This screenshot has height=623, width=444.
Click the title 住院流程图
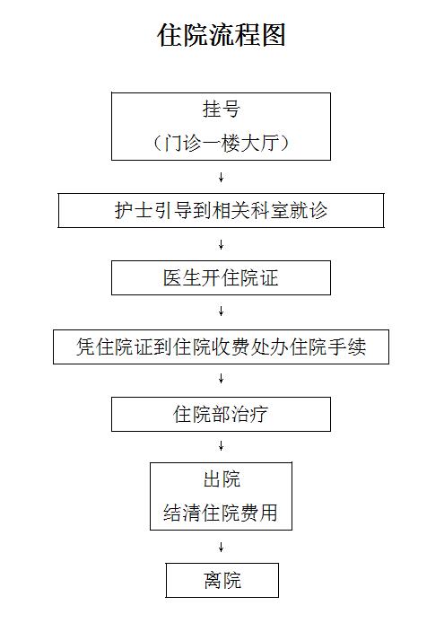pos(222,35)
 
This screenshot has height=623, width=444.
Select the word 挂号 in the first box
pos(222,110)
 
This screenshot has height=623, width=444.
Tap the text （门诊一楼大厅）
pos(222,143)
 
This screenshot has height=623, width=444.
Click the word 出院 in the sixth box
pos(222,479)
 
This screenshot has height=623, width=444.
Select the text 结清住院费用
pos(221,513)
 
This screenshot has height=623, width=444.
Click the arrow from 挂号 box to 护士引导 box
pos(222,177)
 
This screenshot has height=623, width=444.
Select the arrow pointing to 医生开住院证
pos(222,245)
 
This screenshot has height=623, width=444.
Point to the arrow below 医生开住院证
pos(222,311)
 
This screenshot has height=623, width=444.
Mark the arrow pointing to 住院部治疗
pos(222,379)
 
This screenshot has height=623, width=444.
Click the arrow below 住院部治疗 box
pos(222,446)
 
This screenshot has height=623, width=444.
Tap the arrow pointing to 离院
pos(222,547)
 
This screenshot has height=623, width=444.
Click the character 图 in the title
pos(274,35)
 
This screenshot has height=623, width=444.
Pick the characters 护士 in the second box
pos(134,211)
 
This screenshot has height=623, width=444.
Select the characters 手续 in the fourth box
pos(347,347)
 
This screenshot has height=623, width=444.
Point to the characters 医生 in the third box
pos(182,277)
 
